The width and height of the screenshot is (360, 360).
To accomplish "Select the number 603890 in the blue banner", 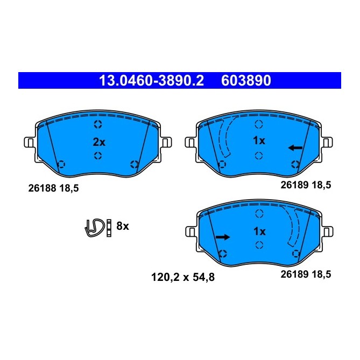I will tap(246, 81).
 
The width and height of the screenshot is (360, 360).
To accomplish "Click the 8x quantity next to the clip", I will tap(123, 226).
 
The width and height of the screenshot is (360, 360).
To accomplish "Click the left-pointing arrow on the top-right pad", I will tap(295, 147).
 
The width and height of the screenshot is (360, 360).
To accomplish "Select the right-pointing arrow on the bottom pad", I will tap(222, 237).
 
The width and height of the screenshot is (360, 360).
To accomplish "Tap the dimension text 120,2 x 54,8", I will tap(180, 278).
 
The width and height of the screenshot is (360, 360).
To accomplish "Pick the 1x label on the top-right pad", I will tap(259, 142).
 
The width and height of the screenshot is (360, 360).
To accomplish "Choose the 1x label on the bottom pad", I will tap(259, 232).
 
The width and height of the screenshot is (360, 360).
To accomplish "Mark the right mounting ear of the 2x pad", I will tap(166, 143).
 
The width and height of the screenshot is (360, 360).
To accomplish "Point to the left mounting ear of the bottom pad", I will tap(190, 232).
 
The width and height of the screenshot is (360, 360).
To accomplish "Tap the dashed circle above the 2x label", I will tap(97, 125).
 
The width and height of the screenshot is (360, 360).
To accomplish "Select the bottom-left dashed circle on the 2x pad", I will tap(61, 164).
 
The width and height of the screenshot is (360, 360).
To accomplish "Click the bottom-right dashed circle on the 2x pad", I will tap(135, 164).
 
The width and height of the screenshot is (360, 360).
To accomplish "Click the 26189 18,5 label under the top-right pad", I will tap(306, 185).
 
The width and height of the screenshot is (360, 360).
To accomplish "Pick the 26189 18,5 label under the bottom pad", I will tap(306, 274).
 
